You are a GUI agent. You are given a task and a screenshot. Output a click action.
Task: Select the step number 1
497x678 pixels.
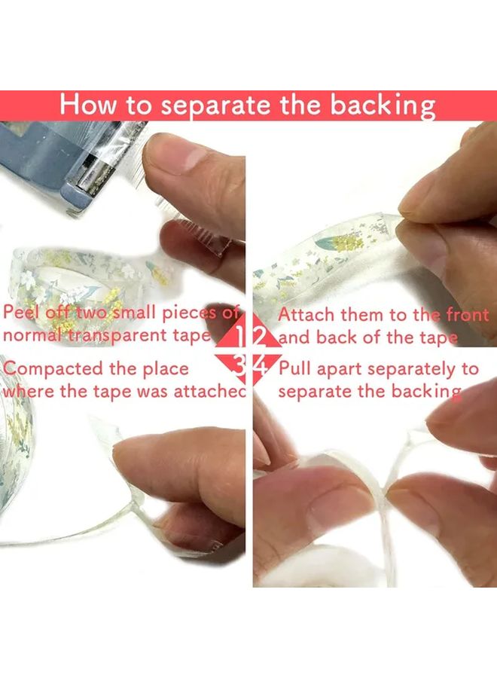coord(239,335)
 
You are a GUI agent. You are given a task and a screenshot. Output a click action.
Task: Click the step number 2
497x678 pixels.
coord(261,335)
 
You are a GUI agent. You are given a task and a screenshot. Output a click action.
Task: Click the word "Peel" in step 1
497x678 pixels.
coord(23,313)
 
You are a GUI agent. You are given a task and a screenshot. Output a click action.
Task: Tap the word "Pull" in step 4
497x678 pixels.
coord(295,369)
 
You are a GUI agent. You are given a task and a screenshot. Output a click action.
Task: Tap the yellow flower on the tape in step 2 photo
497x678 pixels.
coord(346,243)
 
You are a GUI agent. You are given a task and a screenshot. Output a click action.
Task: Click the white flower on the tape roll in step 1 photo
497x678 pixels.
coord(30,279)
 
